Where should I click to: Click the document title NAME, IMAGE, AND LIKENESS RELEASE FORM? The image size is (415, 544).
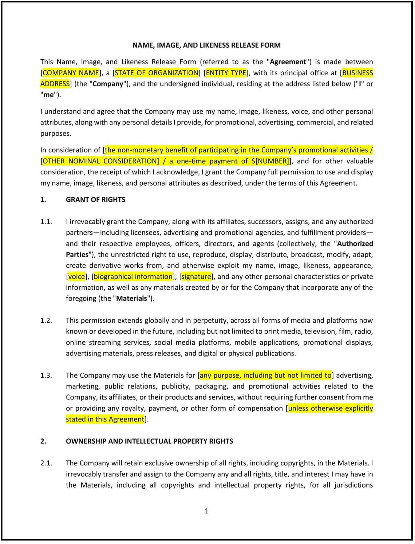pyautogui.click(x=206, y=45)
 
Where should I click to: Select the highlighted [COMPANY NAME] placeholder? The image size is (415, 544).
pyautogui.click(x=71, y=73)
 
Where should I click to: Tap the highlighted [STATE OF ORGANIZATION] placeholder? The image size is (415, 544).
pyautogui.click(x=157, y=73)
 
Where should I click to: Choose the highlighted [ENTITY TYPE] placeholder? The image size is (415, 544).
pyautogui.click(x=226, y=73)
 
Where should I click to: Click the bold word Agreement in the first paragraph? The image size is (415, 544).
pyautogui.click(x=288, y=62)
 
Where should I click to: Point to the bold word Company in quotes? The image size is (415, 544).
pyautogui.click(x=108, y=84)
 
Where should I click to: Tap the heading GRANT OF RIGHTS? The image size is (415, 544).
pyautogui.click(x=95, y=200)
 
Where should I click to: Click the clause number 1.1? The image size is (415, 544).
pyautogui.click(x=46, y=222)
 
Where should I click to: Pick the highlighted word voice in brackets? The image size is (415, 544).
pyautogui.click(x=76, y=277)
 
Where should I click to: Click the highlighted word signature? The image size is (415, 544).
pyautogui.click(x=196, y=277)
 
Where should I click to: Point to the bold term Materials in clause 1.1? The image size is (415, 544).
pyautogui.click(x=131, y=299)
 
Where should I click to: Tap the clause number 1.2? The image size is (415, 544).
pyautogui.click(x=46, y=321)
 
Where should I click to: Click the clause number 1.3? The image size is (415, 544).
pyautogui.click(x=46, y=376)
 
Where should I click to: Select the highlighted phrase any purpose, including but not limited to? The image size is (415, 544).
pyautogui.click(x=266, y=376)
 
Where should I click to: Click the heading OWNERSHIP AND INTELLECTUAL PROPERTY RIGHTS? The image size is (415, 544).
pyautogui.click(x=149, y=441)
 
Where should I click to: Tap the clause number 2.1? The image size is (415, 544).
pyautogui.click(x=46, y=463)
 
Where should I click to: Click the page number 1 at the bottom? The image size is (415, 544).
pyautogui.click(x=207, y=511)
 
